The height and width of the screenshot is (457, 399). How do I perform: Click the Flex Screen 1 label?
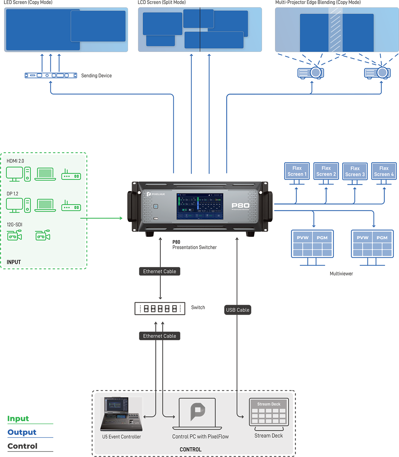coord(297,171)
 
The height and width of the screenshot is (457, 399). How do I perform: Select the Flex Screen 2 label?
coord(326,171)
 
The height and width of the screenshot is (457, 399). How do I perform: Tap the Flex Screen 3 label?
coord(355,171)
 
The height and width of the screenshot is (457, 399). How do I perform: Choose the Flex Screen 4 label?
coord(384,171)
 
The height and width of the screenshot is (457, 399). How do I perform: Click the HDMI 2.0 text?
coord(15,161)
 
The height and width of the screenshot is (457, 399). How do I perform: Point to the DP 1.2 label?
coord(12,194)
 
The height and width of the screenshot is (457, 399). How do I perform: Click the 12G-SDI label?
coord(14,225)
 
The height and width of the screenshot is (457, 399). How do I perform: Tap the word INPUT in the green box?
coord(14,262)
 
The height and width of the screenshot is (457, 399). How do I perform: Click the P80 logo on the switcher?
coord(241,206)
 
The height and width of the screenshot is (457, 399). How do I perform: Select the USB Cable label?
coord(238,310)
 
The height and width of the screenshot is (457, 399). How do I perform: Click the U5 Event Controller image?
coord(121,414)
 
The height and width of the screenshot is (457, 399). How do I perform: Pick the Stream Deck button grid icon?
coord(269,415)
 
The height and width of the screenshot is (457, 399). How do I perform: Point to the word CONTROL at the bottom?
coord(190,450)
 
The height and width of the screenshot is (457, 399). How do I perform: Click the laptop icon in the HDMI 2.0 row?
coord(45,174)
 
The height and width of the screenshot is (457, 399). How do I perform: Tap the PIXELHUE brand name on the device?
coord(158,194)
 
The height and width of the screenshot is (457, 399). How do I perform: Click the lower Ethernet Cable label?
coord(159,336)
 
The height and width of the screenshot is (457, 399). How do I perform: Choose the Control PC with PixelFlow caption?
coord(201,437)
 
